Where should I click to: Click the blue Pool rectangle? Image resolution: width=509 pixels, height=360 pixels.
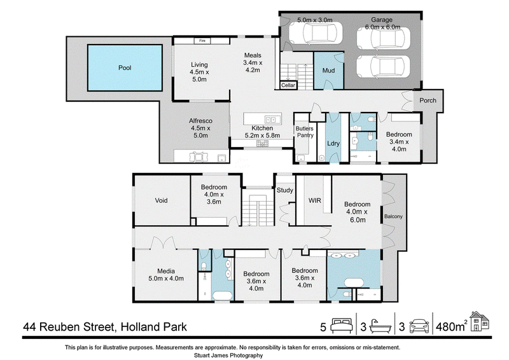125,67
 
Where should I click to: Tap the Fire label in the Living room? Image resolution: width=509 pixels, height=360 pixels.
202,41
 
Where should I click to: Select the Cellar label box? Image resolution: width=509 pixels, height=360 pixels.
288,85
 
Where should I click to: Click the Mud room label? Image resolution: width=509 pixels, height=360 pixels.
328,71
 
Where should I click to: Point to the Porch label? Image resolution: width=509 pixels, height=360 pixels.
428,100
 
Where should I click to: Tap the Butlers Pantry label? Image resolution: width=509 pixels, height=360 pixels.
305,132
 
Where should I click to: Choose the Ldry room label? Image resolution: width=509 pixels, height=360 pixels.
333,143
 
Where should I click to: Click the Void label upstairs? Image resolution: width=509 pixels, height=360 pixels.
161,200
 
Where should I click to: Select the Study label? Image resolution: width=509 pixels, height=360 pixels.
284,190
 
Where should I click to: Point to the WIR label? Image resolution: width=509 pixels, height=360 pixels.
314,200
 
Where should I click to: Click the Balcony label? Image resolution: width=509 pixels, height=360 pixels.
393,216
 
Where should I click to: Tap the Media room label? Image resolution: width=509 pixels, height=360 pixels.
166,271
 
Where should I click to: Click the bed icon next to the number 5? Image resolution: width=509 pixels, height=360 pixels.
341,326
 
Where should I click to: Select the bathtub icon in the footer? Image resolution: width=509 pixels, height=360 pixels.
380,326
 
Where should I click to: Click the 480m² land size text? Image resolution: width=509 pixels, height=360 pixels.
452,326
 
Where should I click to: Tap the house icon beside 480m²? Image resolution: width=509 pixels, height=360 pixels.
480,321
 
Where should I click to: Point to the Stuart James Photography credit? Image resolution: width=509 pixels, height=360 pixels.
228,356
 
